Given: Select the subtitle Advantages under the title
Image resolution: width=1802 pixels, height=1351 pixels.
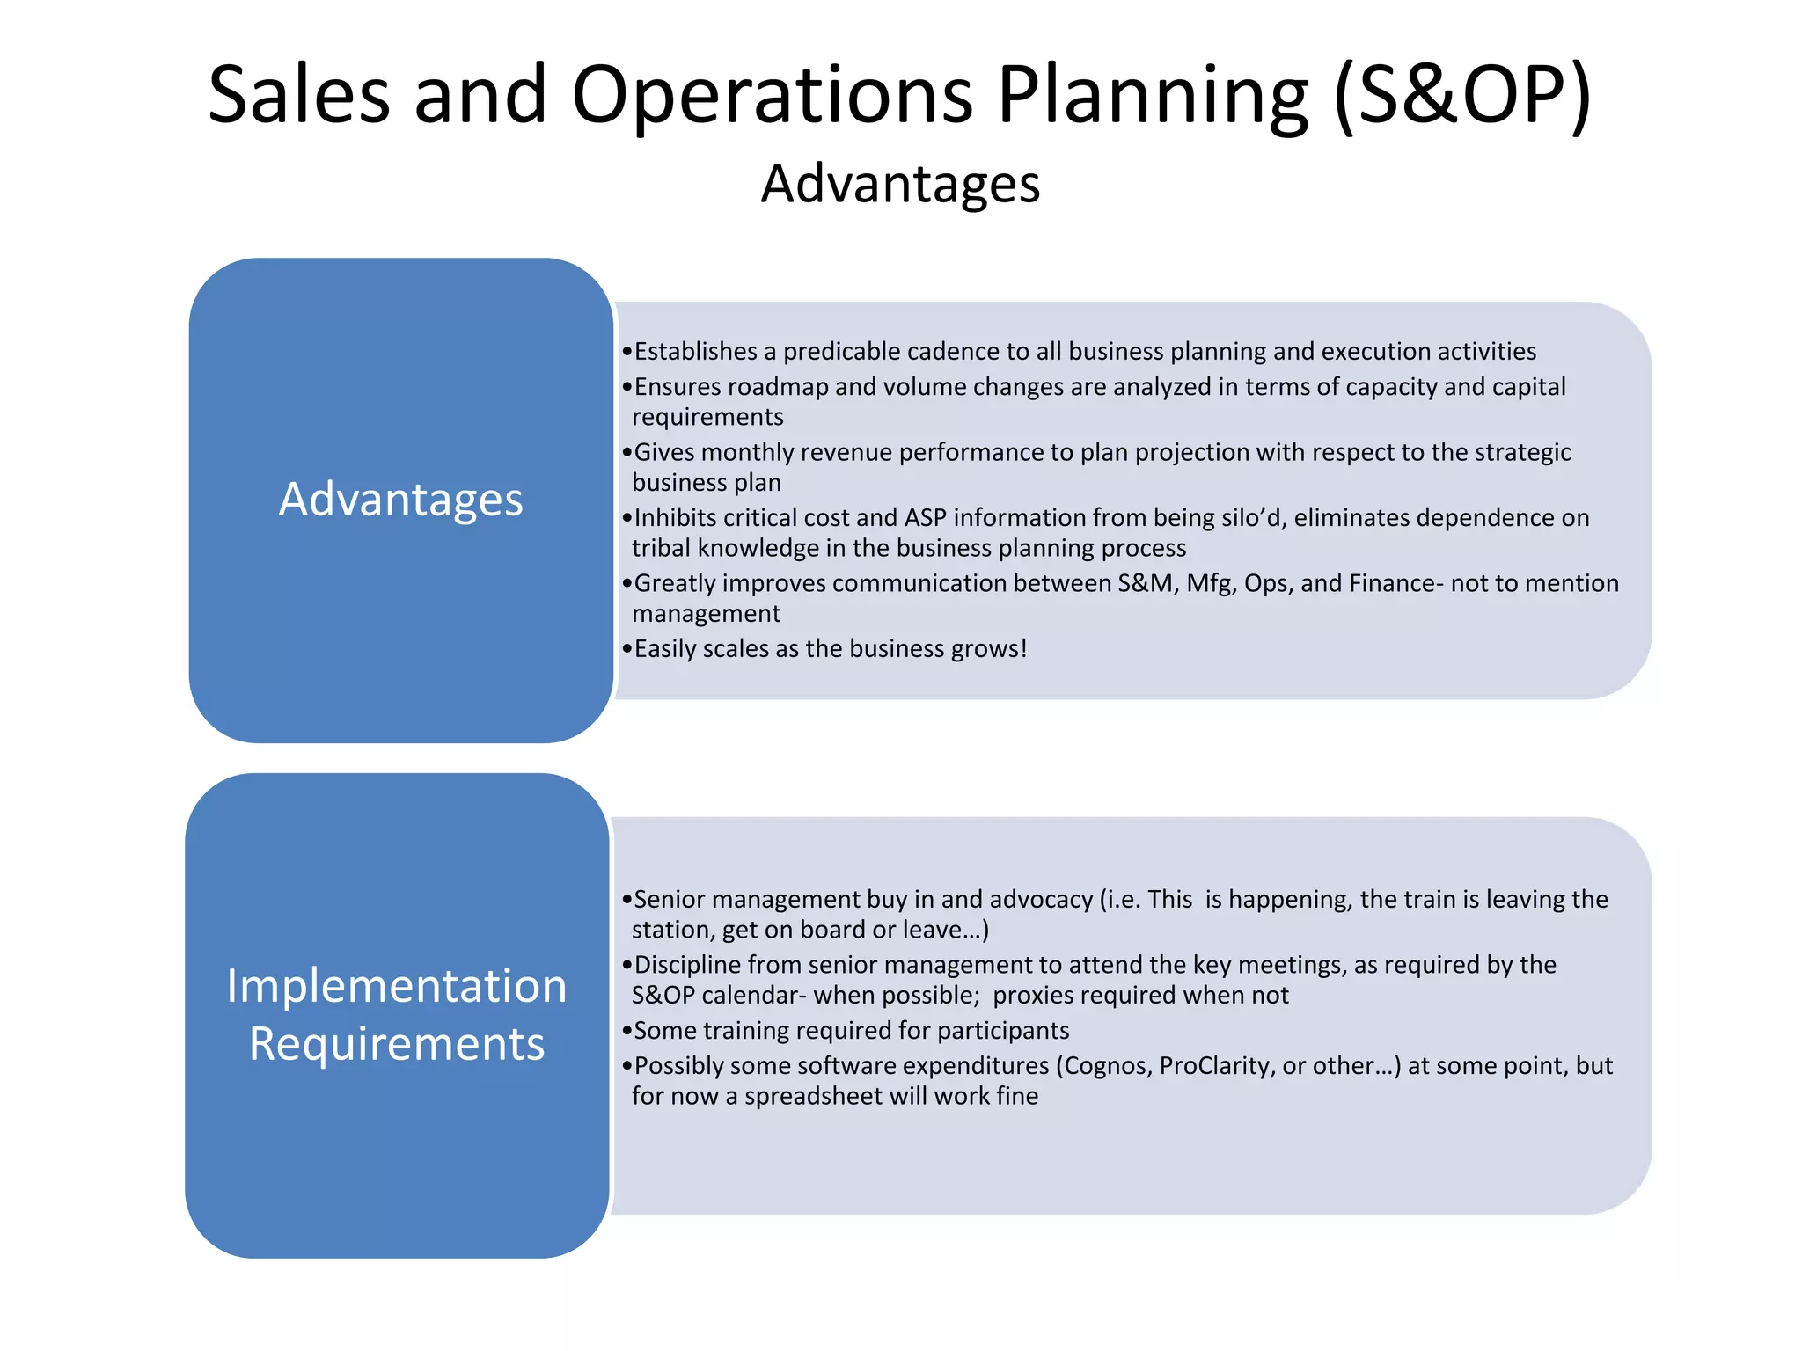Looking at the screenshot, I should tap(900, 184).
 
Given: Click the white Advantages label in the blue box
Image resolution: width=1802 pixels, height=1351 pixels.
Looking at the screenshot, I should tap(400, 499).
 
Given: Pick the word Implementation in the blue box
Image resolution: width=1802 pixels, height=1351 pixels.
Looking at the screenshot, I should tap(397, 985).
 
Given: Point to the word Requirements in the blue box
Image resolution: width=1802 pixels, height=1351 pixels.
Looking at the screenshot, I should tap(397, 1044).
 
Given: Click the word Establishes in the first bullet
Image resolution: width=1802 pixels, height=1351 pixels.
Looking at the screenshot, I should tap(695, 352).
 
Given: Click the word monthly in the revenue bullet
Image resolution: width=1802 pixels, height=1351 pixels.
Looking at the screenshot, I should tap(747, 452).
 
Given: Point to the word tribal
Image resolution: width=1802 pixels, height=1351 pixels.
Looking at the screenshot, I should tap(661, 548).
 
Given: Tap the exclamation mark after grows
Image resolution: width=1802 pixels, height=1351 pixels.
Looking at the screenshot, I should tap(1023, 648).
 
